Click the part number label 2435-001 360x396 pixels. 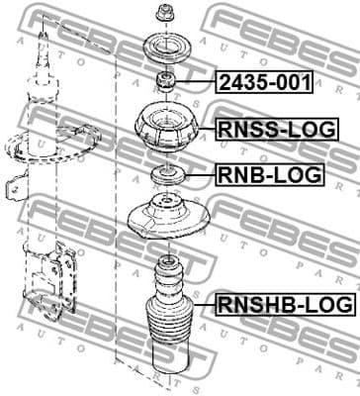pos(263,82)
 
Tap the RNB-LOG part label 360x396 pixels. pos(269,176)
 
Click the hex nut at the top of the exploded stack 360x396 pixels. pos(165,14)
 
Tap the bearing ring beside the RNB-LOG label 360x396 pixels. pos(164,176)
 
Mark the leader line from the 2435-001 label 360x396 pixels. pos(197,81)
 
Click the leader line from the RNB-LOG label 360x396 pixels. pos(197,176)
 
